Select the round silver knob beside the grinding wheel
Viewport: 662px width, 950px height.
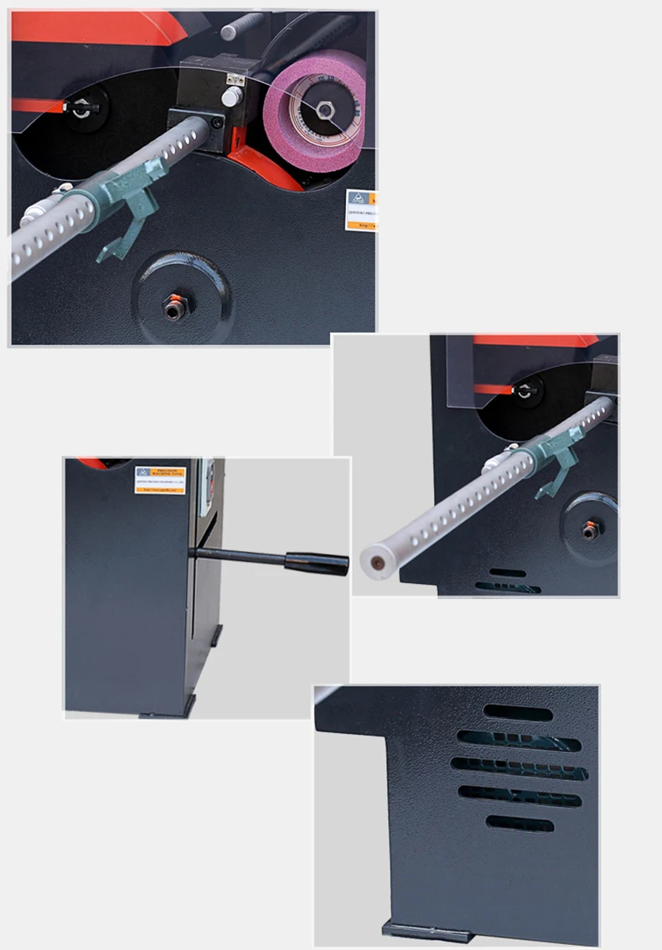coord(230,98)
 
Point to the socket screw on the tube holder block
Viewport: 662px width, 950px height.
coord(217,122)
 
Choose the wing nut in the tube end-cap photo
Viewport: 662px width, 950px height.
coord(525,390)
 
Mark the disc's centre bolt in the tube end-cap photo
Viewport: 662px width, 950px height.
coord(591,529)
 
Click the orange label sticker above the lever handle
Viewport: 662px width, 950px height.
coord(159,480)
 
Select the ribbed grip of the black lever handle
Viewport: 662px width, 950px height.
coord(316,562)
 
